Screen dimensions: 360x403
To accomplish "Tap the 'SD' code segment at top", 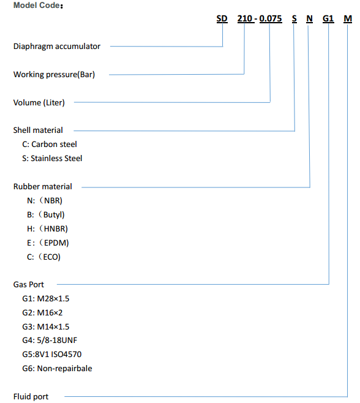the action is pyautogui.click(x=222, y=18).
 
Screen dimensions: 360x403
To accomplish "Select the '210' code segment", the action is pyautogui.click(x=245, y=18).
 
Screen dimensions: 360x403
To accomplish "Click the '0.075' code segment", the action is pyautogui.click(x=271, y=18).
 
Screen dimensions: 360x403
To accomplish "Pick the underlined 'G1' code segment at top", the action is pyautogui.click(x=328, y=18).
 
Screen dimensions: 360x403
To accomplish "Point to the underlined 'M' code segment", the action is pyautogui.click(x=348, y=18).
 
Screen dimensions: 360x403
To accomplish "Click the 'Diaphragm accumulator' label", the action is pyautogui.click(x=57, y=47).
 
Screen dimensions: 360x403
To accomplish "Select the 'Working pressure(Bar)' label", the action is pyautogui.click(x=54, y=75).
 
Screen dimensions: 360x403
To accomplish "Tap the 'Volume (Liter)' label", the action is pyautogui.click(x=39, y=102).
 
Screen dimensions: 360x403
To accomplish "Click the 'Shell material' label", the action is pyautogui.click(x=38, y=130).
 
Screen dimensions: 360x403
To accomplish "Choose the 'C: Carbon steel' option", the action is pyautogui.click(x=50, y=145).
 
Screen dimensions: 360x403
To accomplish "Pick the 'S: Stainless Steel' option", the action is pyautogui.click(x=52, y=158).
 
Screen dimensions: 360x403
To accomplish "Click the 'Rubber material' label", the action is pyautogui.click(x=43, y=187).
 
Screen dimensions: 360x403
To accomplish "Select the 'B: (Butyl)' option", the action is pyautogui.click(x=46, y=214).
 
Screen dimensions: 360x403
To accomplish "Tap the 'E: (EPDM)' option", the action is pyautogui.click(x=48, y=243).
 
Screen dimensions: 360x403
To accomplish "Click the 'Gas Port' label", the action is pyautogui.click(x=29, y=285).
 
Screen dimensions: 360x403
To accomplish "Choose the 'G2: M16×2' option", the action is pyautogui.click(x=42, y=313).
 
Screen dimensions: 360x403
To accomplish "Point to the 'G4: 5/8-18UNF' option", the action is pyautogui.click(x=50, y=341).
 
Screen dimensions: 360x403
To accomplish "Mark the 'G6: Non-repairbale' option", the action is pyautogui.click(x=57, y=369).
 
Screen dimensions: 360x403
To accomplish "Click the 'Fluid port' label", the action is pyautogui.click(x=31, y=397).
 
